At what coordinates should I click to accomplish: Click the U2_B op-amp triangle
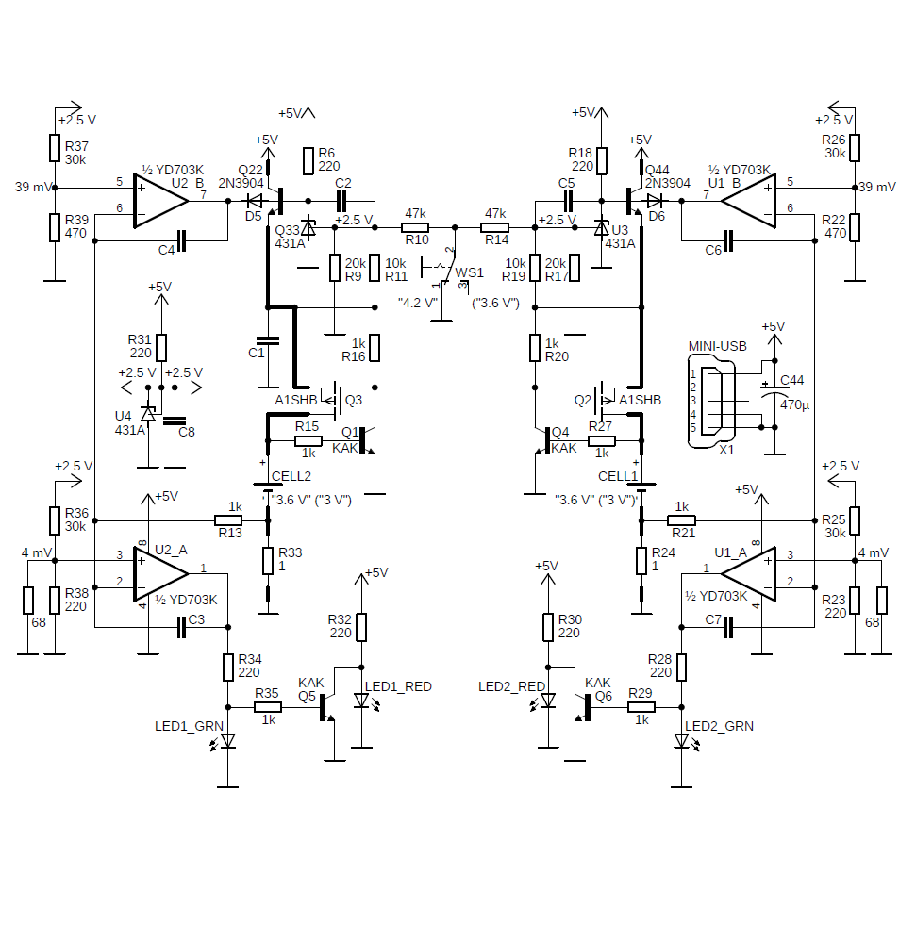click(160, 201)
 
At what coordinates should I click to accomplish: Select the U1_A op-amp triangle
click(749, 574)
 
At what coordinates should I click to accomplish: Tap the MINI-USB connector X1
click(712, 401)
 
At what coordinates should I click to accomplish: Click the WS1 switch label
click(469, 272)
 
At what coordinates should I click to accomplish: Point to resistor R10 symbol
click(415, 228)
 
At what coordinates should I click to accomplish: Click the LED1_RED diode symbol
click(361, 701)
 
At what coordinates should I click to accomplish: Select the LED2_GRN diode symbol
click(681, 742)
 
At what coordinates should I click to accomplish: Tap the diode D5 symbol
click(255, 201)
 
